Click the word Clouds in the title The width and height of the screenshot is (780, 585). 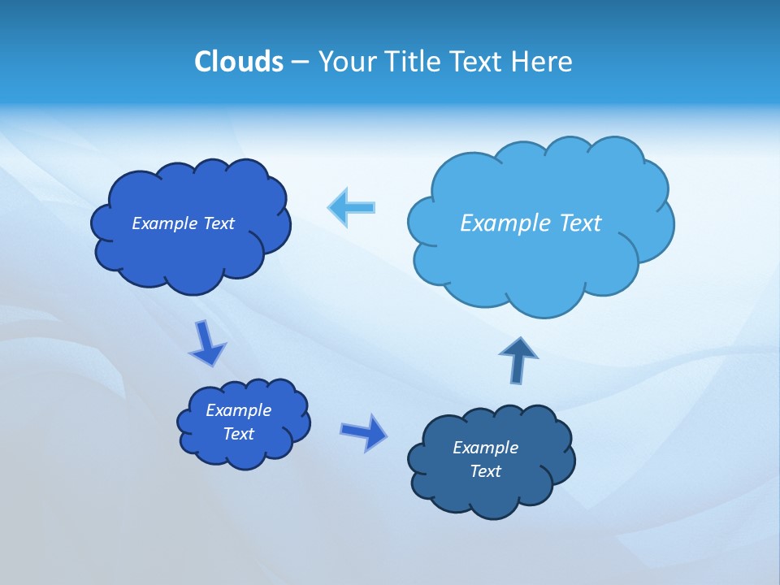tap(239, 61)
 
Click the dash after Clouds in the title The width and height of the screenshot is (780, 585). tap(300, 62)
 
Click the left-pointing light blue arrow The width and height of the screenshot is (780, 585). tap(352, 207)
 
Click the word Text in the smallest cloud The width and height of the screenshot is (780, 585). tap(239, 434)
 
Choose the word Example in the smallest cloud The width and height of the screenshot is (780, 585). tap(239, 410)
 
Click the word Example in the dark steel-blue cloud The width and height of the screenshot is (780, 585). tap(485, 448)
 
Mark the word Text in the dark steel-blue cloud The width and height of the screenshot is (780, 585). tap(485, 471)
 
